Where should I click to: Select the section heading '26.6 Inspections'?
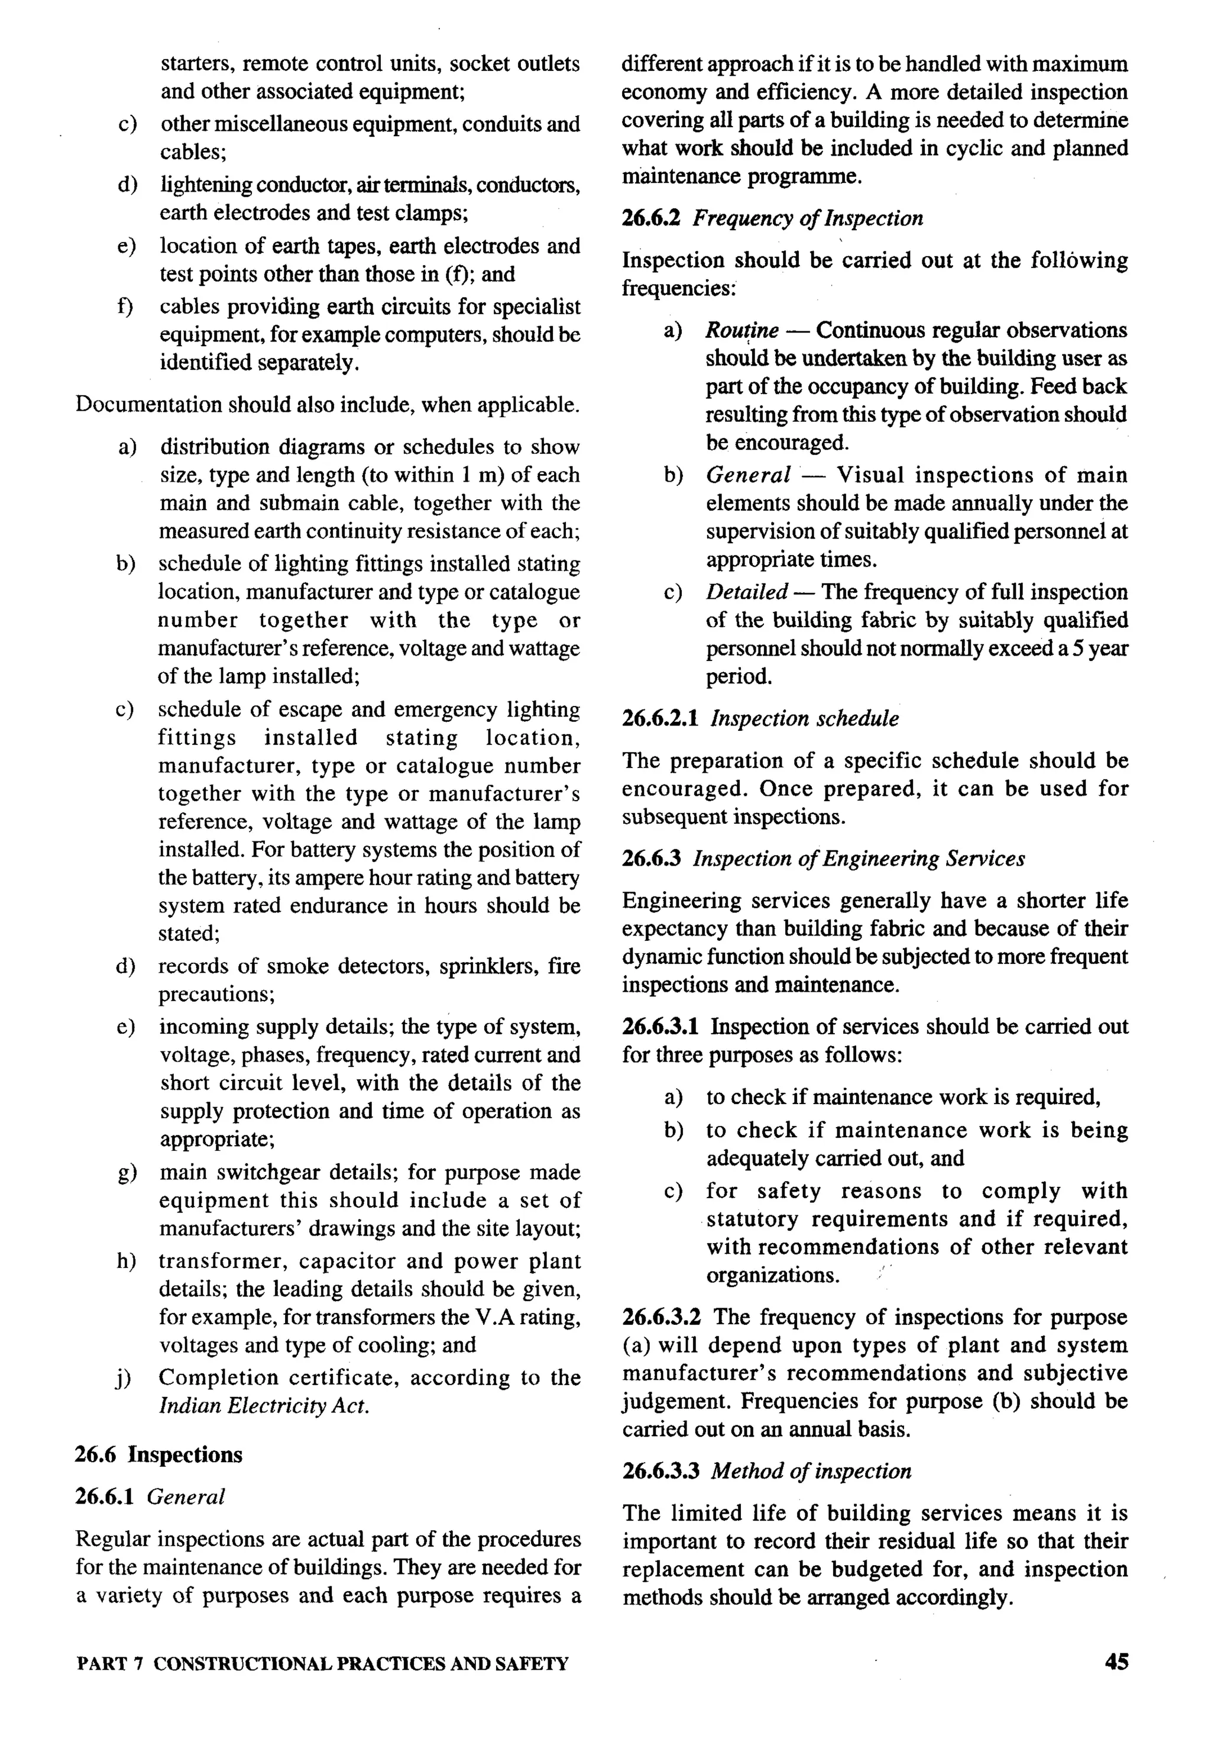[158, 1454]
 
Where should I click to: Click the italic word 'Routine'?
[742, 331]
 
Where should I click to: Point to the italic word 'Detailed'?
[747, 592]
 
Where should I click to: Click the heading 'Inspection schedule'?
[804, 718]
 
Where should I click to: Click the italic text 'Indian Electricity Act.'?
[264, 1406]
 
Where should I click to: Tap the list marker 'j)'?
[124, 1378]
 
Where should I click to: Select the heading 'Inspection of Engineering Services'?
[859, 858]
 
